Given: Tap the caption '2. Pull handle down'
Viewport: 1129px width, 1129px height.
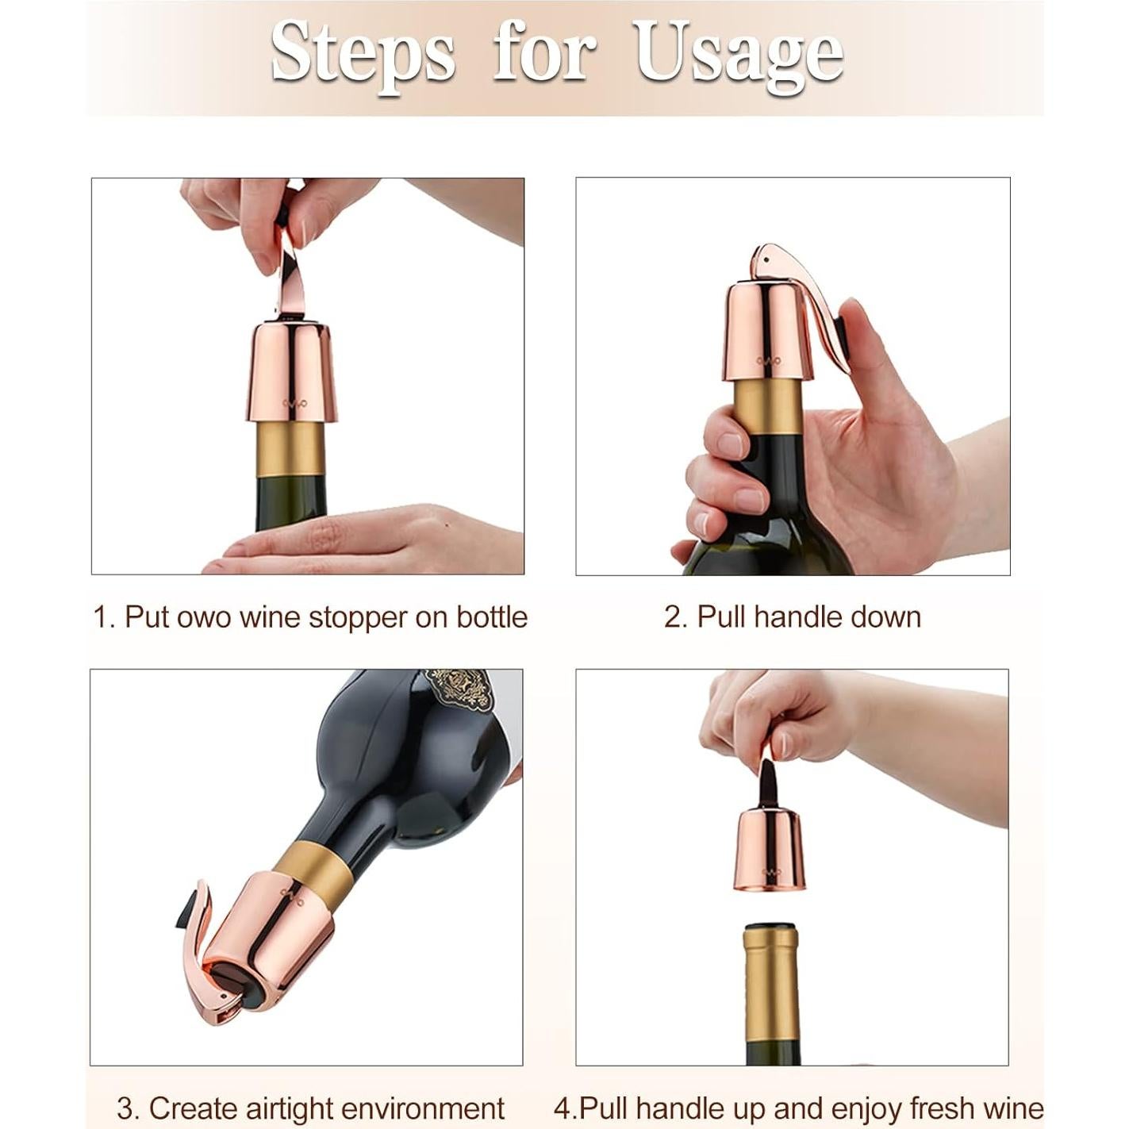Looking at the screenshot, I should coord(792,616).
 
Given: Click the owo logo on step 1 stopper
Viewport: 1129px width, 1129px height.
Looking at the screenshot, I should coord(294,402).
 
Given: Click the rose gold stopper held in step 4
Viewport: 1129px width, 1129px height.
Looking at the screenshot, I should coord(770,849).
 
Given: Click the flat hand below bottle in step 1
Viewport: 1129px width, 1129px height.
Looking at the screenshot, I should coord(357,543).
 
